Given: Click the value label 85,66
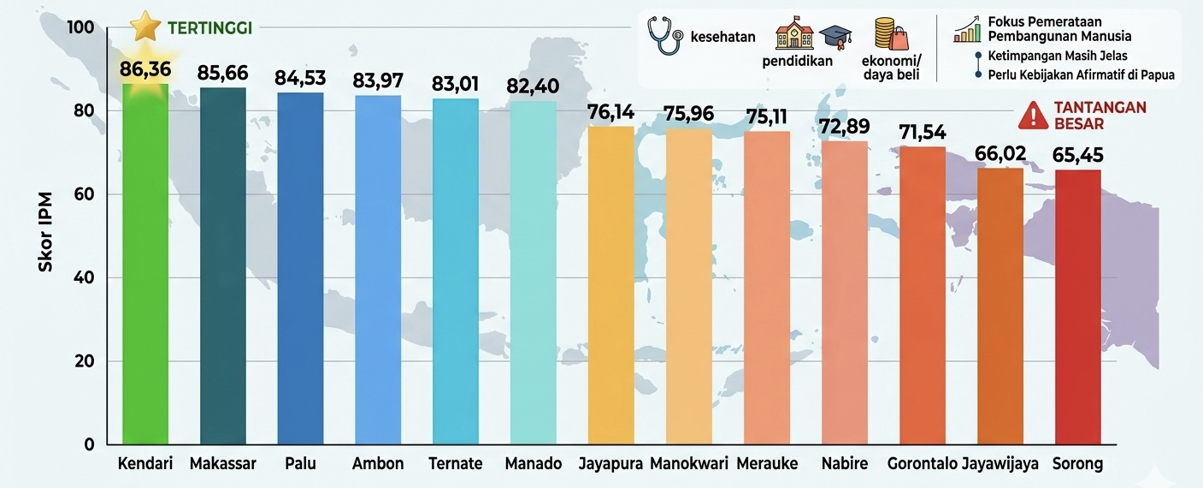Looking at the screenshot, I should click(x=222, y=73).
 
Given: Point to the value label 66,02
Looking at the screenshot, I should click(x=1000, y=153).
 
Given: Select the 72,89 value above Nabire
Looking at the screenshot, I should click(x=845, y=127).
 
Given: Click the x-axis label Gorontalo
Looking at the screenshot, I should click(x=922, y=464).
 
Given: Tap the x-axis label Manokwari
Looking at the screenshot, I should click(x=689, y=464).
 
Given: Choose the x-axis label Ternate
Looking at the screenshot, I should click(x=456, y=464).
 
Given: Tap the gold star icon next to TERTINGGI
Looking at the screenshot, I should click(x=146, y=27).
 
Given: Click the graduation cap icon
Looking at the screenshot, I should click(x=835, y=37).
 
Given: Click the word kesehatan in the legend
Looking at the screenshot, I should click(x=722, y=37).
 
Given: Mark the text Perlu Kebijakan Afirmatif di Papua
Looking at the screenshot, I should click(x=1081, y=74).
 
